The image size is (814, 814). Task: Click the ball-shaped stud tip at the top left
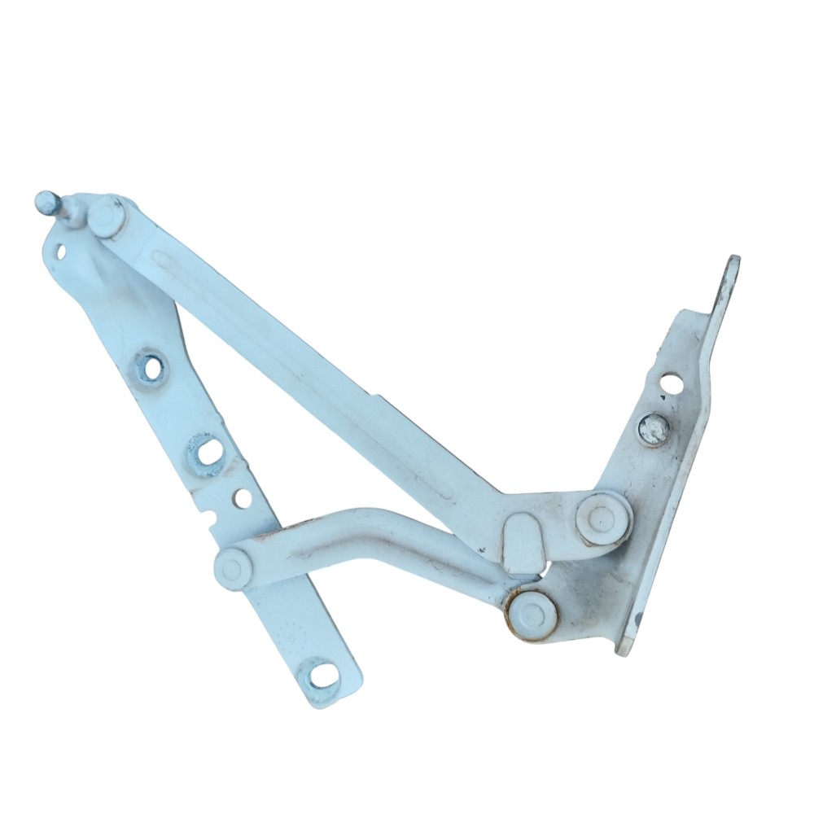(x=47, y=200)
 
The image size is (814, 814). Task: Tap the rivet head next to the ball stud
(x=106, y=217)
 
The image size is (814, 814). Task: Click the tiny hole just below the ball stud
(x=61, y=251)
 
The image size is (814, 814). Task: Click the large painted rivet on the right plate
(x=602, y=519)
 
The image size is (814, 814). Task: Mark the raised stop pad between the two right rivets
(x=524, y=542)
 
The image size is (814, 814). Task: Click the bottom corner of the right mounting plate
(x=626, y=646)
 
